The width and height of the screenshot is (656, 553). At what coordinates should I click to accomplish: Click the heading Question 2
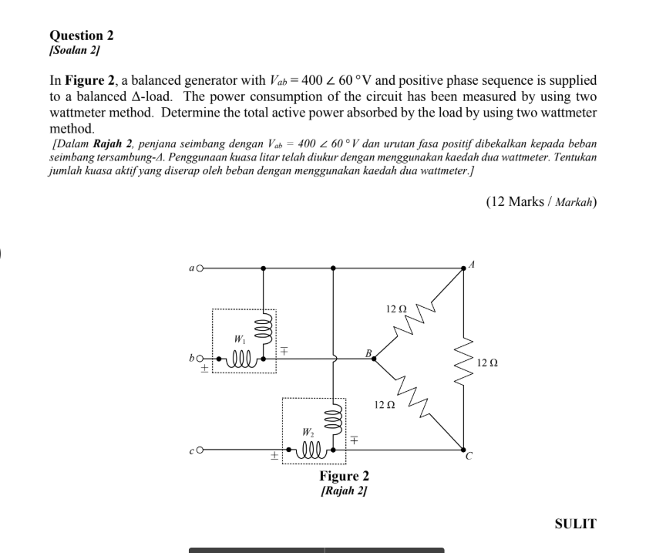[81, 35]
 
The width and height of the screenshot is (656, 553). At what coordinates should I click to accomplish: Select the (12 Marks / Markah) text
[541, 202]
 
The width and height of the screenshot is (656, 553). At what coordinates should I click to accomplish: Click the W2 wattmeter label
[308, 432]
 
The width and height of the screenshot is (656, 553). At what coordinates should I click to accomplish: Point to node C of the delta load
[463, 450]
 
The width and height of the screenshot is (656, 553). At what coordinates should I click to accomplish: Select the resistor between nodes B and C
[417, 403]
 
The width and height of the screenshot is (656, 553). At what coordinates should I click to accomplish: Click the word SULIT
[575, 524]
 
